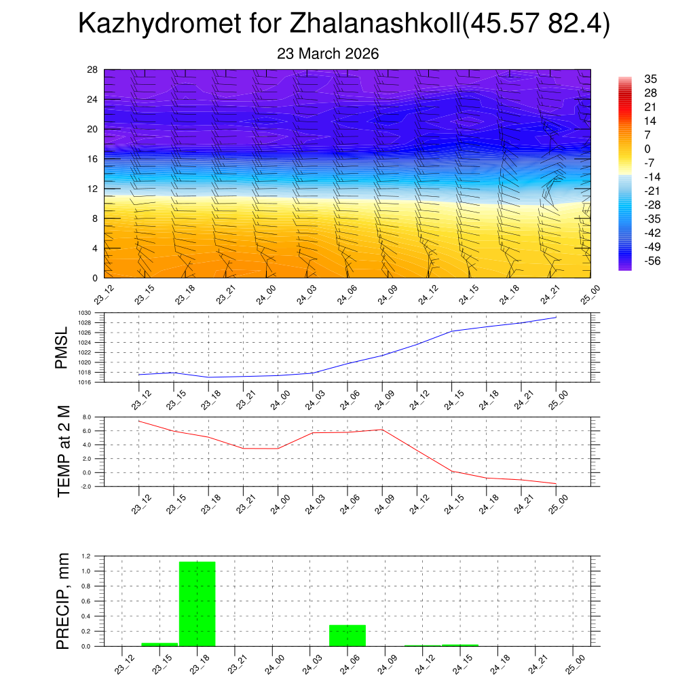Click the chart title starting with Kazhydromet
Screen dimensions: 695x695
point(344,24)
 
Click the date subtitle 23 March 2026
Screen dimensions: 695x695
point(328,54)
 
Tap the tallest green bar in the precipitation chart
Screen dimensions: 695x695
point(197,603)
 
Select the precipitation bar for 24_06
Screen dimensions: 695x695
point(347,635)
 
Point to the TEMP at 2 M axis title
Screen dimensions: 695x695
point(64,451)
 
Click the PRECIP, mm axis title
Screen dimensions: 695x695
point(63,601)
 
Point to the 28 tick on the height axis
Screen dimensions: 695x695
point(93,70)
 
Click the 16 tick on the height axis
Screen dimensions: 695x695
point(93,159)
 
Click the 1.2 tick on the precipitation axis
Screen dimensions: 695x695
point(86,556)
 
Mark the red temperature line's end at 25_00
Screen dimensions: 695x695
point(556,484)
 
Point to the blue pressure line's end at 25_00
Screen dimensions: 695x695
point(556,317)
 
